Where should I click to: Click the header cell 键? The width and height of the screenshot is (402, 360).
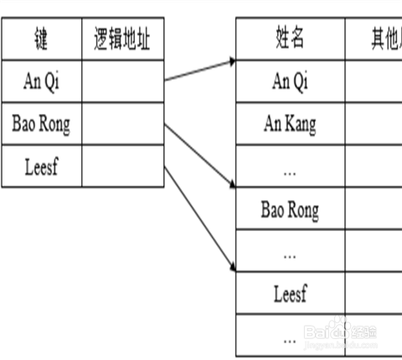(x=41, y=39)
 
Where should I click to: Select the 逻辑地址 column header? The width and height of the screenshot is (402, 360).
(x=122, y=39)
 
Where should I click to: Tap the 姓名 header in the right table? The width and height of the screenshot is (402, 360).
(x=290, y=39)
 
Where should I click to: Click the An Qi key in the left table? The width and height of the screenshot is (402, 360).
(x=41, y=81)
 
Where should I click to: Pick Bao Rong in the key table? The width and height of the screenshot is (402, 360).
(x=41, y=125)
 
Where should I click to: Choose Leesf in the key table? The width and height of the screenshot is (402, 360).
(x=41, y=167)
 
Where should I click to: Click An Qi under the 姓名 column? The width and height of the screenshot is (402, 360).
(x=290, y=81)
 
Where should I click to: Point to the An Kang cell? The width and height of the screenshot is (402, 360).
(x=290, y=125)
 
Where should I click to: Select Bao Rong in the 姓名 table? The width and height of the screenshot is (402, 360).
(x=290, y=209)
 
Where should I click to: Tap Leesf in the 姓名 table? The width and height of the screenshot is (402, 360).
(x=290, y=294)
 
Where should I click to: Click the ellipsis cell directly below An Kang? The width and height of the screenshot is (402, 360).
(x=290, y=167)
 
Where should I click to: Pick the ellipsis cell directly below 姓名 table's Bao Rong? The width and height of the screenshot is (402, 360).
(x=290, y=251)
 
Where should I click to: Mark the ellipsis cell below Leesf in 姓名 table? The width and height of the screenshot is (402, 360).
(x=290, y=337)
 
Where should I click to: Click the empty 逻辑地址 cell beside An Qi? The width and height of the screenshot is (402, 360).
(x=123, y=81)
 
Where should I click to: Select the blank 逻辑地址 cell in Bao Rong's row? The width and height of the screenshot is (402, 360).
(x=123, y=125)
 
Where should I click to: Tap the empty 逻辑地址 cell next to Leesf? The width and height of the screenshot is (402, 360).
(x=123, y=167)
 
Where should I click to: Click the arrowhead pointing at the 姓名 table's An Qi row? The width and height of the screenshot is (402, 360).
(x=230, y=61)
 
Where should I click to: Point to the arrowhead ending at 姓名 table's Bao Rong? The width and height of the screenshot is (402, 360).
(x=230, y=186)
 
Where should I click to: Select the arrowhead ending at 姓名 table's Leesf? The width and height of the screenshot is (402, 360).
(x=230, y=267)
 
